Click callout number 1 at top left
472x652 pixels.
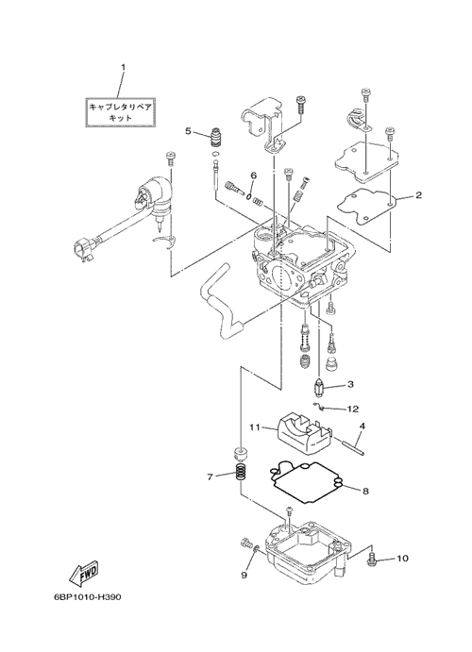point(123,67)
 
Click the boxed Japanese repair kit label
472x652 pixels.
point(121,112)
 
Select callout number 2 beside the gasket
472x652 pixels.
point(418,194)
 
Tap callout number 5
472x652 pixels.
point(189,131)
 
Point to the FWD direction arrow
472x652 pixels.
point(85,572)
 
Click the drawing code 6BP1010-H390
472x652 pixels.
point(88,597)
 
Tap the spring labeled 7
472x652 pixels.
point(241,473)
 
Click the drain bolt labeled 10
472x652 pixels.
point(371,559)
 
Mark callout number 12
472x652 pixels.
point(353,410)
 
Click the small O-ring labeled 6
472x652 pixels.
point(248,196)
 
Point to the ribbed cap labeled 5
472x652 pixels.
point(214,137)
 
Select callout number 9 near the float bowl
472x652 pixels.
point(244,575)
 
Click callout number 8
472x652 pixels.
point(365,491)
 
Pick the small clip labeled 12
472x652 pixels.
point(319,406)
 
